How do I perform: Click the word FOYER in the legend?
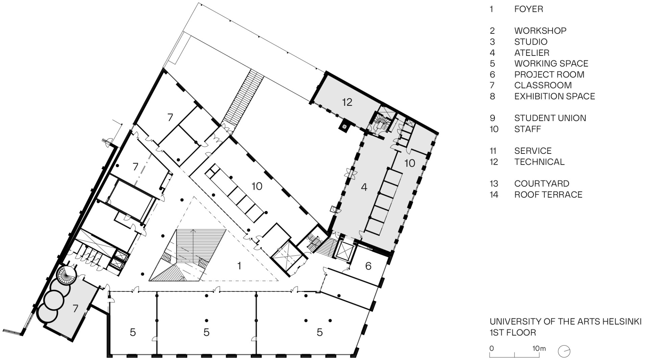528,9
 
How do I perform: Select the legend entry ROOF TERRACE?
548,195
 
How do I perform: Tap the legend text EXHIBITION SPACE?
554,96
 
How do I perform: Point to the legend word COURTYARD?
542,184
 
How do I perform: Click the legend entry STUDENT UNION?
550,118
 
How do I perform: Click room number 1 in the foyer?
239,266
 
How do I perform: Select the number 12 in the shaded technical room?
347,102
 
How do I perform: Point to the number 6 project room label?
368,266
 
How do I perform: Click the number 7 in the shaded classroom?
75,308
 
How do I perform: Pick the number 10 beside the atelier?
409,163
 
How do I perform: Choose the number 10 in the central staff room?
257,186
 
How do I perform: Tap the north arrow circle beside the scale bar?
564,351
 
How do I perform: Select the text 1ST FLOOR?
513,333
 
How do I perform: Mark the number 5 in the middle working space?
206,332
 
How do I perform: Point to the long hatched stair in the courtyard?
242,98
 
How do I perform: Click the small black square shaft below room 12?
344,127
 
